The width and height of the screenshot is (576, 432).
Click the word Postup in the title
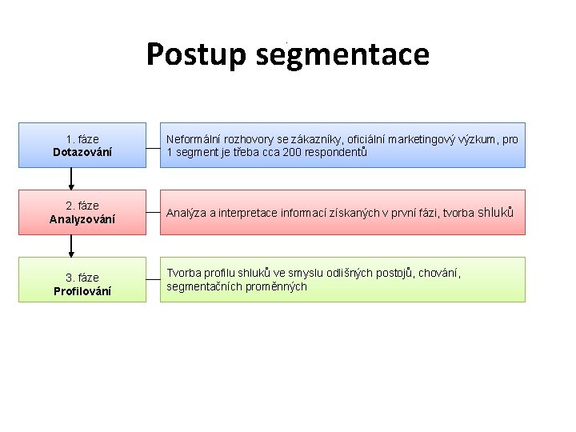click(x=198, y=54)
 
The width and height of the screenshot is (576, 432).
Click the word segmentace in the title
click(x=343, y=54)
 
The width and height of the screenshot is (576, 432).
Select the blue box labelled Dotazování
click(x=82, y=145)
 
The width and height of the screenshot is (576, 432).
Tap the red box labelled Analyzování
click(x=82, y=212)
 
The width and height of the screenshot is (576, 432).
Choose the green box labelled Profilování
click(x=82, y=279)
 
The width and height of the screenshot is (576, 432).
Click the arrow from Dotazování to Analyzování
click(x=71, y=178)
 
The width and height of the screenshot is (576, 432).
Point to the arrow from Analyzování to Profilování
click(x=71, y=246)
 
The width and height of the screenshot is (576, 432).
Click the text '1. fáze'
click(x=82, y=139)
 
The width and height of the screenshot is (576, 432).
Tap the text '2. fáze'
click(x=82, y=206)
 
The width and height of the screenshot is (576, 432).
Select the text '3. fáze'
click(x=82, y=278)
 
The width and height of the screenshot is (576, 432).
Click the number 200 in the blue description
click(x=292, y=152)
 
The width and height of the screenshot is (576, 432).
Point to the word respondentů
click(x=335, y=152)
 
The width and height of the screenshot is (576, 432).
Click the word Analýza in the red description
click(x=186, y=213)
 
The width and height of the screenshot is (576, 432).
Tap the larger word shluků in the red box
click(x=495, y=212)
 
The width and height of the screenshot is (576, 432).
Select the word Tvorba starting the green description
click(x=183, y=274)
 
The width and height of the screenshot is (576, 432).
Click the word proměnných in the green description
click(x=278, y=286)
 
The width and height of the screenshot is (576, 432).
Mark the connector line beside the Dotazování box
click(x=153, y=145)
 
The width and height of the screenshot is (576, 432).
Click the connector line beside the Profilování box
click(x=153, y=279)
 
